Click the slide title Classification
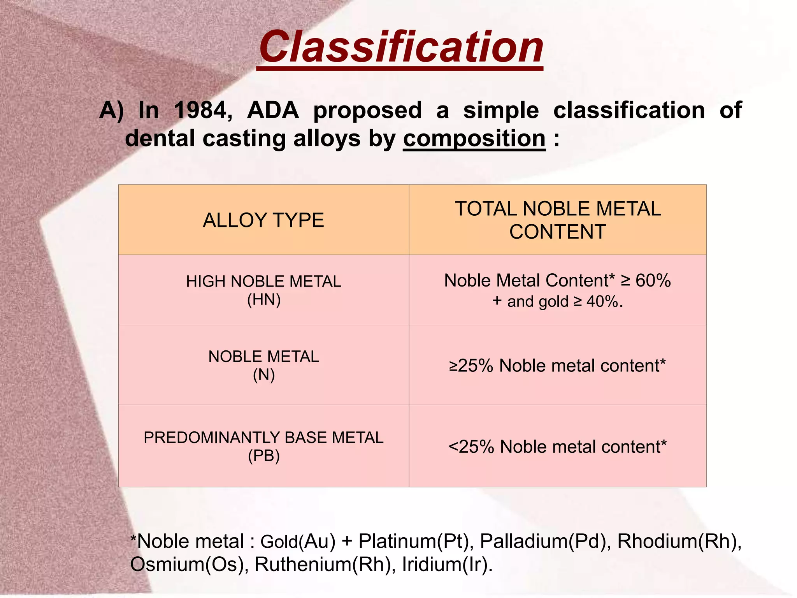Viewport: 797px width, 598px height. [401, 47]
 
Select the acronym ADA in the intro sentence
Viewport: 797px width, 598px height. [273, 111]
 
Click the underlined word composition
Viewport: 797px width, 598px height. [474, 139]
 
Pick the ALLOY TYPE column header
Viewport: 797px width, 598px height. [263, 220]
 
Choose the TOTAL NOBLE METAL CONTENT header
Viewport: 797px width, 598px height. [557, 220]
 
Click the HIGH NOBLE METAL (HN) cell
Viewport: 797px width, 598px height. [263, 290]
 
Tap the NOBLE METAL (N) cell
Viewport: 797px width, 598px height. [263, 366]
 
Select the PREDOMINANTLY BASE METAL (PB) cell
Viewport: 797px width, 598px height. [263, 446]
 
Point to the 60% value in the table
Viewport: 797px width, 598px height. [653, 281]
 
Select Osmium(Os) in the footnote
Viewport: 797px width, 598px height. [189, 565]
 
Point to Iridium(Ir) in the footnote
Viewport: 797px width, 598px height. [447, 565]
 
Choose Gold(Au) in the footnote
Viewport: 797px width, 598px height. [298, 542]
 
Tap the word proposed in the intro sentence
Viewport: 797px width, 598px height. [367, 111]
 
